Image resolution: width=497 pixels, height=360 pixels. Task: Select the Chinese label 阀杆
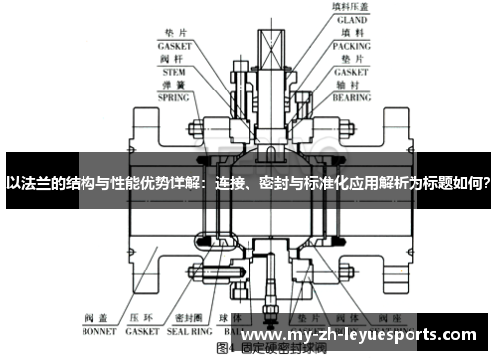click(x=174, y=60)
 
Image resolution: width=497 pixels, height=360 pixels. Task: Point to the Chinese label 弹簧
click(x=174, y=86)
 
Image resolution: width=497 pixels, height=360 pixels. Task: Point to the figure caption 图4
click(x=224, y=350)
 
